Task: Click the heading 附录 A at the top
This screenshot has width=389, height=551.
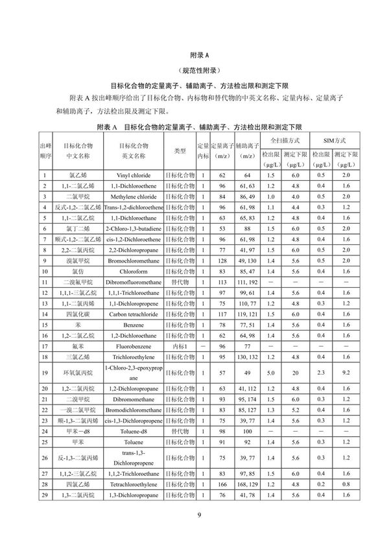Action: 194,56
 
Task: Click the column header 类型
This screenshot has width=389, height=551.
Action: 180,151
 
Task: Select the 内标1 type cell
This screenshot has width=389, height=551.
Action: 180,346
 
